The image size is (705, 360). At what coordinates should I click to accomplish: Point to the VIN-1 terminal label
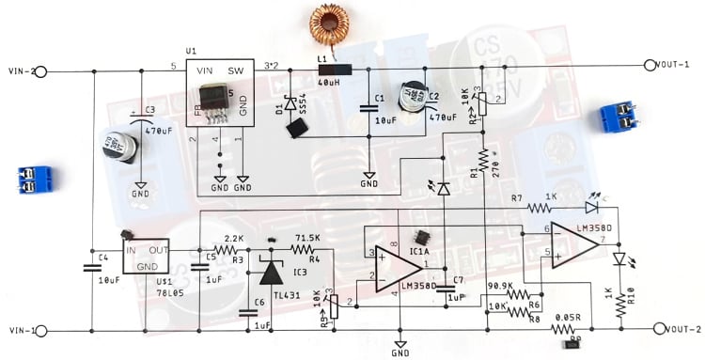21,330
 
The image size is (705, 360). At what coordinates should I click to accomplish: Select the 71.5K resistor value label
306,239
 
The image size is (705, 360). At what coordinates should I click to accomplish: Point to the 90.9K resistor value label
502,286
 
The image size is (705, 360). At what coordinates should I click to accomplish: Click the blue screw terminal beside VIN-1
36,179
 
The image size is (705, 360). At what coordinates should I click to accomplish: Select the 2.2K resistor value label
234,239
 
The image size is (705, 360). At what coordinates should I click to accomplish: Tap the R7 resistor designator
516,198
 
